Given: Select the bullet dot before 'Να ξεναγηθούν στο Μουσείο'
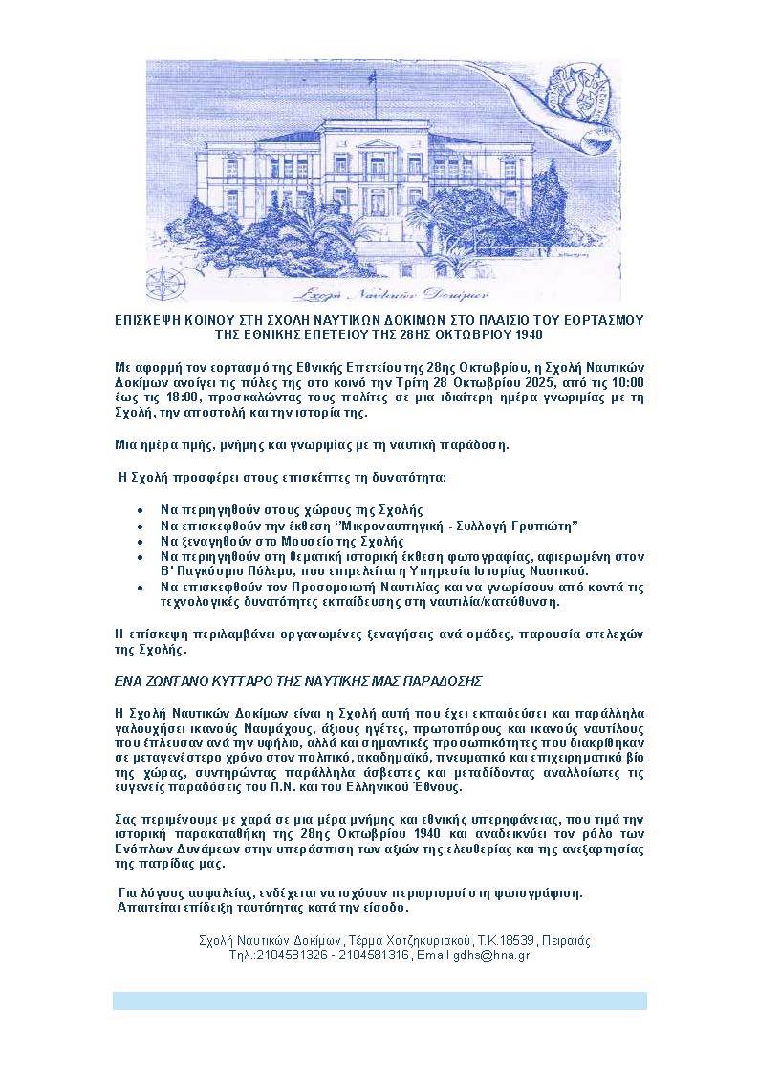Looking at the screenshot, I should pyautogui.click(x=141, y=541).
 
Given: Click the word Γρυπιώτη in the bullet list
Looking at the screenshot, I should pyautogui.click(x=549, y=526).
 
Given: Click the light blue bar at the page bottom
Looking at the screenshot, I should pyautogui.click(x=379, y=1000).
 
